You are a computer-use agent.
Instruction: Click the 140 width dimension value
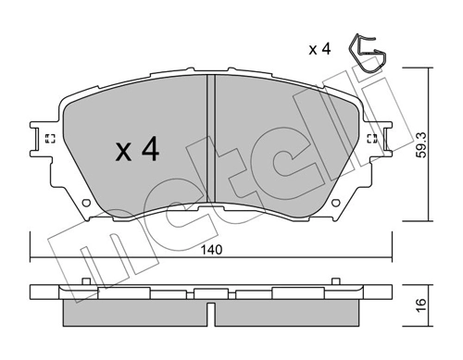[214, 250]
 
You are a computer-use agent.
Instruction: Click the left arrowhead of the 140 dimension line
[32, 258]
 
